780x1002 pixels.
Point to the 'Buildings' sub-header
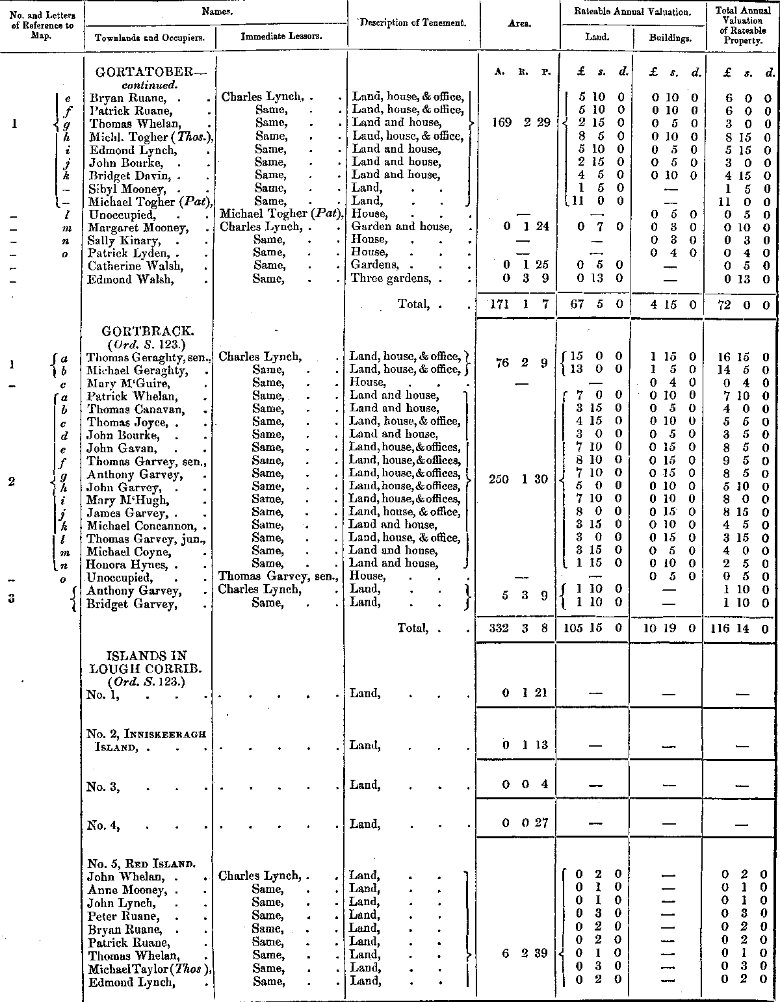pyautogui.click(x=670, y=38)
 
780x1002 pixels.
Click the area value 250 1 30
pyautogui.click(x=519, y=480)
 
